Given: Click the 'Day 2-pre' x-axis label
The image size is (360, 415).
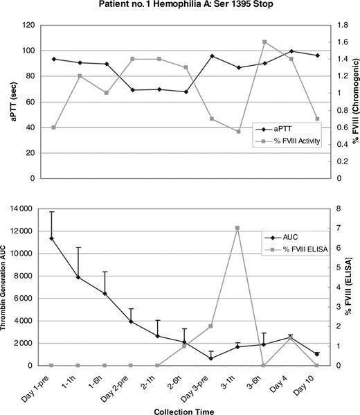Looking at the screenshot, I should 118,388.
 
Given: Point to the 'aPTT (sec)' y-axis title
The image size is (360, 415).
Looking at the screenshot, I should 11,102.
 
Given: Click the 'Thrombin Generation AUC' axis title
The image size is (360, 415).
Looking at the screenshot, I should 8,286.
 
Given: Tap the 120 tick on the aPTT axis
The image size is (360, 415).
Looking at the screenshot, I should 27,26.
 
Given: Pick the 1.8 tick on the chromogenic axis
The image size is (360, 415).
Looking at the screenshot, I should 333,26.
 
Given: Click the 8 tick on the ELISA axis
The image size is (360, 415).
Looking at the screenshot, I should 330,209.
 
